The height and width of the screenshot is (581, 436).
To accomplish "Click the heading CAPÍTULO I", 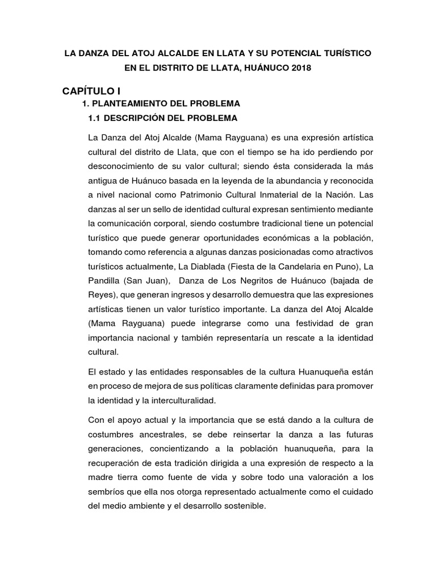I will click(91, 90).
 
